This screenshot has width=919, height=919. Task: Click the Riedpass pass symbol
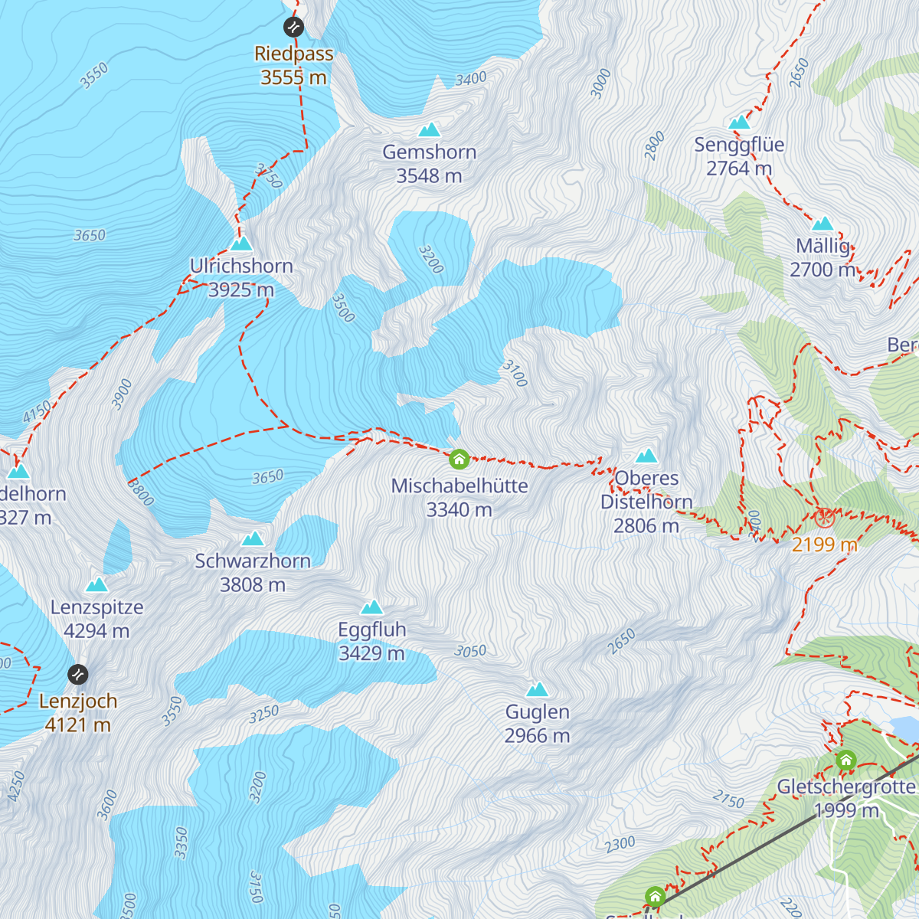[x=293, y=28]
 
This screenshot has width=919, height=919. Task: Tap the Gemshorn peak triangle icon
[x=430, y=129]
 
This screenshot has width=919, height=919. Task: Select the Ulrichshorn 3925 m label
[x=241, y=278]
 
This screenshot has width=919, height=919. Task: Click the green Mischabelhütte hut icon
[x=459, y=459]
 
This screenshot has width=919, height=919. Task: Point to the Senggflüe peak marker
[x=739, y=123]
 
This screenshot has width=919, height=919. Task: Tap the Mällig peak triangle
[x=823, y=224]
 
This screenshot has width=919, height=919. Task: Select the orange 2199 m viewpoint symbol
[x=824, y=518]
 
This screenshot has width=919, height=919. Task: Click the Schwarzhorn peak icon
[x=253, y=538]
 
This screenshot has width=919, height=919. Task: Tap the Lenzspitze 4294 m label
[x=96, y=620]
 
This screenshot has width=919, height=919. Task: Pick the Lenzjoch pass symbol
[x=78, y=675]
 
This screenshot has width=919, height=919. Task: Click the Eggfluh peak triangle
[x=372, y=607]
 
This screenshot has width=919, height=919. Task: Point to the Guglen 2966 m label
[x=537, y=724]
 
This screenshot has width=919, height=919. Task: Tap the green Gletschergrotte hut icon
[x=845, y=760]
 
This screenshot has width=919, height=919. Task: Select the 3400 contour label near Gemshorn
[x=470, y=79]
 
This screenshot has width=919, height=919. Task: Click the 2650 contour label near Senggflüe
[x=799, y=74]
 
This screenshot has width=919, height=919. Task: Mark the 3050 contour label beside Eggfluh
[x=470, y=651]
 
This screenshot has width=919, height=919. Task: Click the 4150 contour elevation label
[x=36, y=412]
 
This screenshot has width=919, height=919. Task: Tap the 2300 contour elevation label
[x=620, y=845]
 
